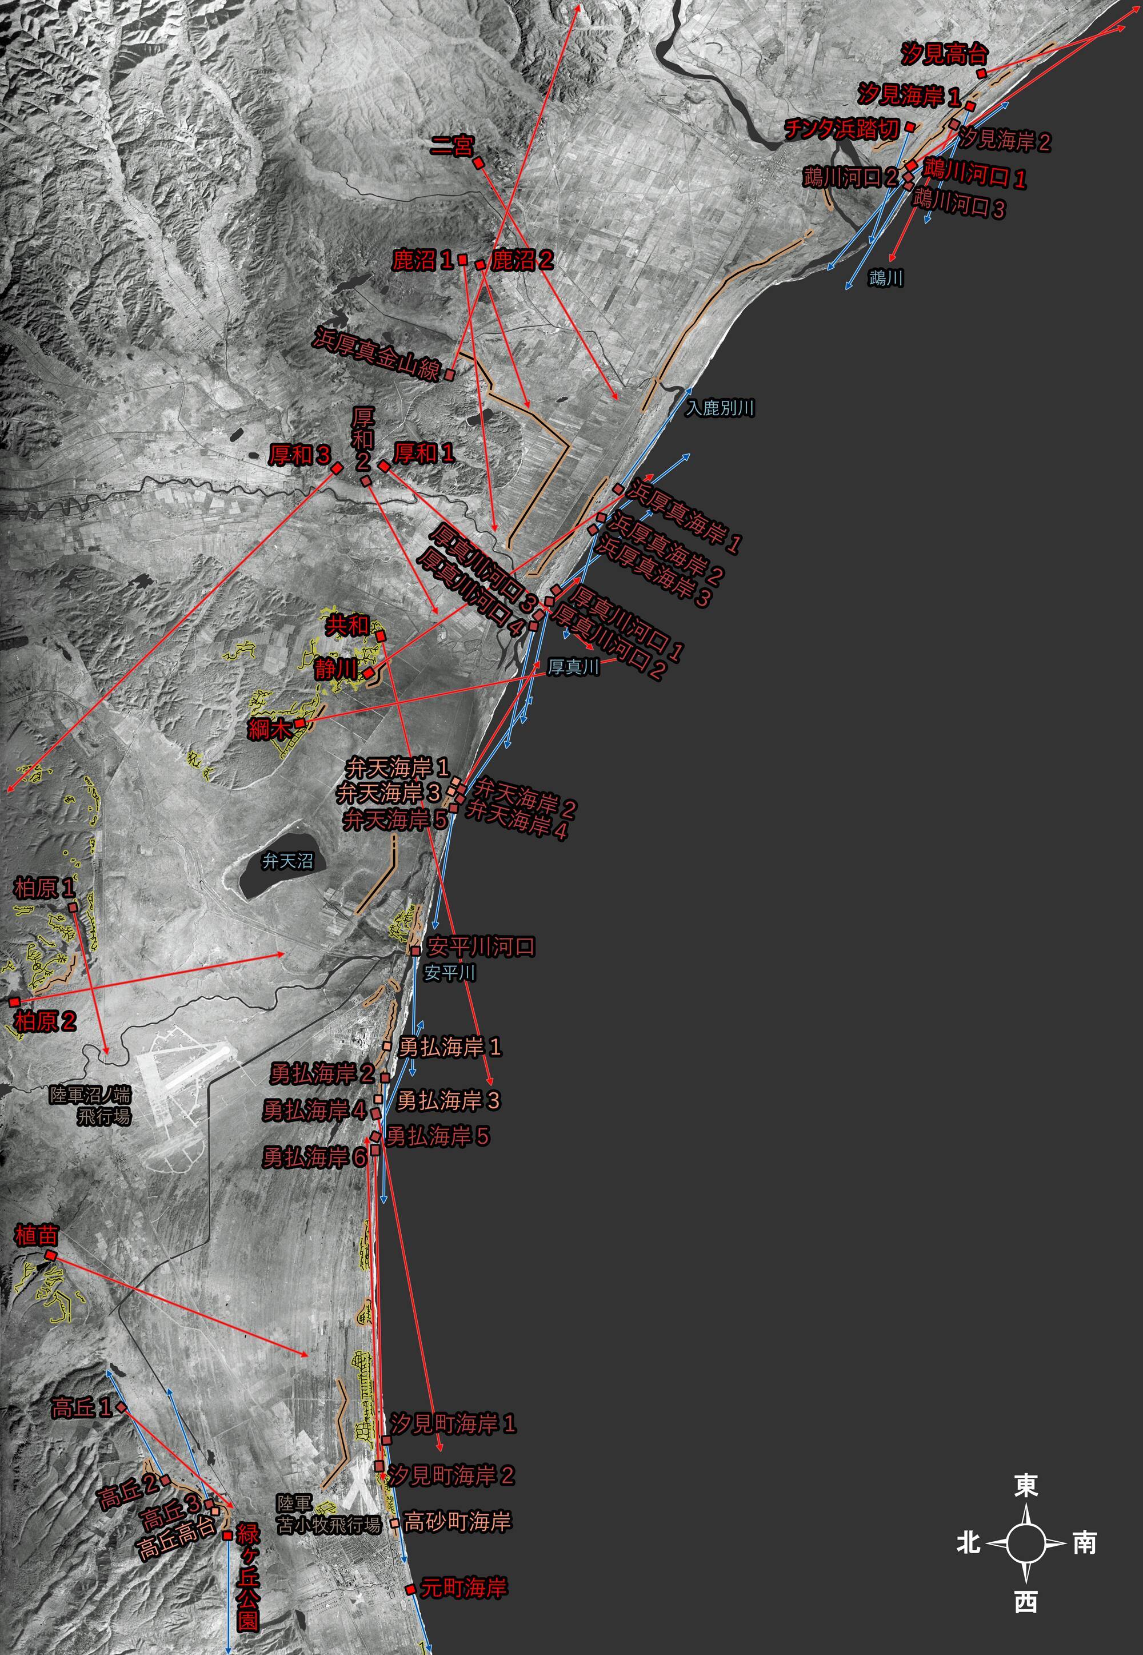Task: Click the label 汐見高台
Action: (x=944, y=54)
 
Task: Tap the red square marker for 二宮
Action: (x=478, y=162)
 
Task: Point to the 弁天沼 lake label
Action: (x=287, y=861)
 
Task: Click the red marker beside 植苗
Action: (x=50, y=1255)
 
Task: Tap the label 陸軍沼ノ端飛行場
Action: (x=90, y=1105)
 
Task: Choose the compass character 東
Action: (x=1025, y=1485)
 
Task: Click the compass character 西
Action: (x=1025, y=1602)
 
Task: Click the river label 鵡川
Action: (x=885, y=278)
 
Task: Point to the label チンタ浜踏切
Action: (x=841, y=129)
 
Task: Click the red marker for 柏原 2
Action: (x=14, y=1001)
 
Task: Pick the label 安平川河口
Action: (x=481, y=946)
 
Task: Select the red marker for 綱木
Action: (x=299, y=723)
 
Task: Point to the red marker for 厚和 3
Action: (x=337, y=468)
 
